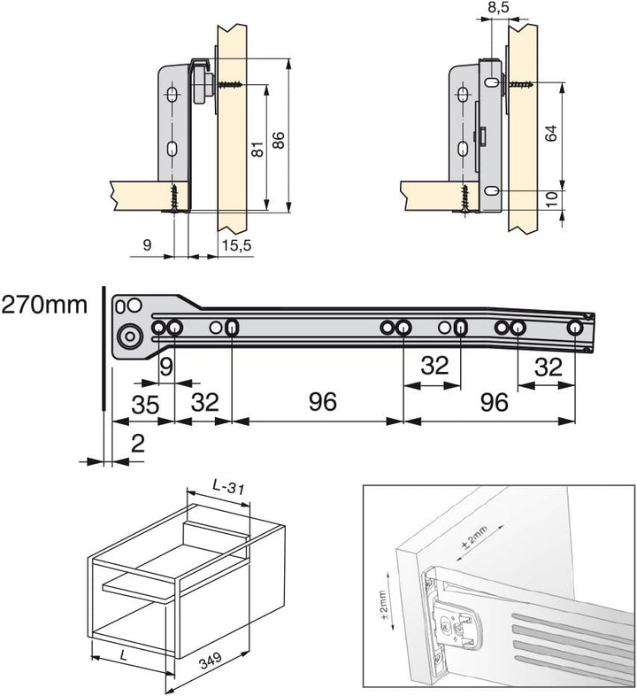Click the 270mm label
pyautogui.click(x=44, y=306)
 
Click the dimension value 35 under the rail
pyautogui.click(x=145, y=403)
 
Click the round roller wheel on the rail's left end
pyautogui.click(x=131, y=336)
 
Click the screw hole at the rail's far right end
pyautogui.click(x=577, y=327)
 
